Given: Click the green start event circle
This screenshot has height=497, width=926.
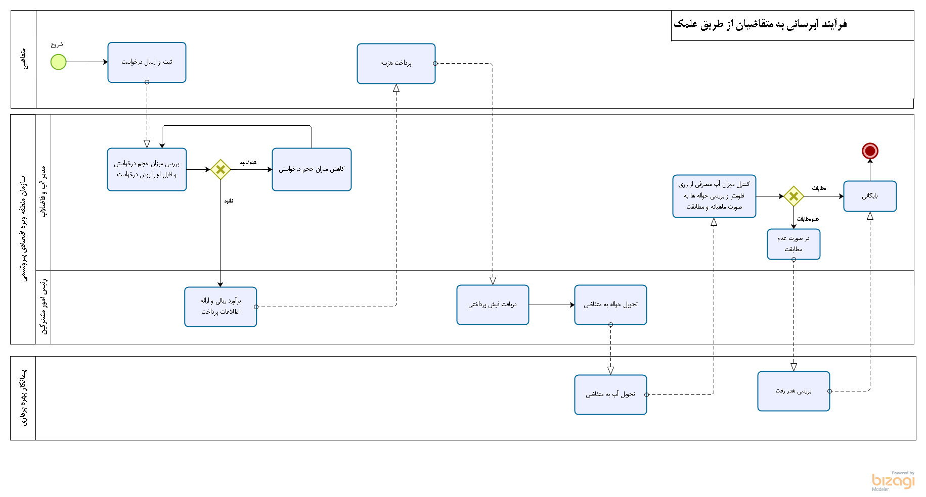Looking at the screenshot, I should [58, 62].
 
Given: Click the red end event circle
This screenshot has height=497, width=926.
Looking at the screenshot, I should [870, 151].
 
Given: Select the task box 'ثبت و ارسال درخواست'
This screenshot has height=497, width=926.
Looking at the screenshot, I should [147, 62].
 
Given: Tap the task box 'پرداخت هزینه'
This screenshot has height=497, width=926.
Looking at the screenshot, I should [396, 64].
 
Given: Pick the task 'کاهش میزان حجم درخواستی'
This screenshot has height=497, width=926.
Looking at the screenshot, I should [312, 169].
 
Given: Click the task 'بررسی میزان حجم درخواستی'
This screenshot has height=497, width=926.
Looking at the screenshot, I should [147, 169].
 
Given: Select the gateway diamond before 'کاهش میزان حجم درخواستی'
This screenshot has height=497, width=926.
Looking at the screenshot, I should [221, 170].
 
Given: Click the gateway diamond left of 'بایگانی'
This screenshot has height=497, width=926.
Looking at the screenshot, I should [793, 196].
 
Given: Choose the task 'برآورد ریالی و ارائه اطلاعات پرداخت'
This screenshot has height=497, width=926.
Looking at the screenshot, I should [221, 307].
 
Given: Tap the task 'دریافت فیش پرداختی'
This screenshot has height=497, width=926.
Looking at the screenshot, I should [493, 305].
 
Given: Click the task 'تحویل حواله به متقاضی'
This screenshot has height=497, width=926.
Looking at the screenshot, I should [610, 305].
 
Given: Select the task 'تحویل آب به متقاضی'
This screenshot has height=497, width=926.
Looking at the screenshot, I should [610, 394].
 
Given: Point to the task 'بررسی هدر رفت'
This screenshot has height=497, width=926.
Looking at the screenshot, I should [793, 391].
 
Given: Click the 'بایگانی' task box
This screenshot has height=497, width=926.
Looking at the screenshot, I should [870, 196].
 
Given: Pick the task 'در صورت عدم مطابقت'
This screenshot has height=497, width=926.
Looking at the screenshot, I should [793, 244].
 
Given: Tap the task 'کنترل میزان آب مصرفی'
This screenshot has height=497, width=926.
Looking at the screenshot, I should [714, 196].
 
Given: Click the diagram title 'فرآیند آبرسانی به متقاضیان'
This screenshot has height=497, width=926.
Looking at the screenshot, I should [760, 24].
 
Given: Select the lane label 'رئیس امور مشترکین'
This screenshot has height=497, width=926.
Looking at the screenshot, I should [44, 307].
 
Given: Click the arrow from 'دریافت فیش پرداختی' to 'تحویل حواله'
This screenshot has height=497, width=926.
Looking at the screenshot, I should [551, 305].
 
